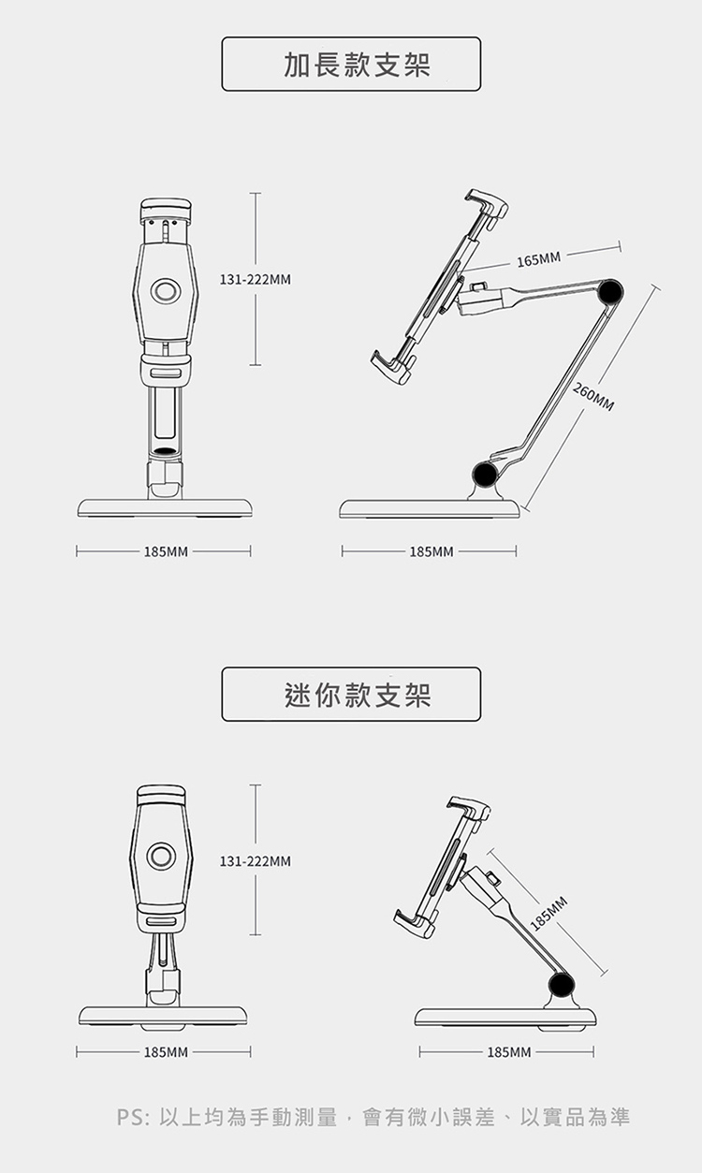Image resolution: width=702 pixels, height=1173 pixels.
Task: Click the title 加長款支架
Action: coord(351,65)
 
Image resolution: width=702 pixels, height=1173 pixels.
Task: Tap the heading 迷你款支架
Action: coord(351,695)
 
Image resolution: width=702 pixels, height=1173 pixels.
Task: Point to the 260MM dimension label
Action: coord(593,398)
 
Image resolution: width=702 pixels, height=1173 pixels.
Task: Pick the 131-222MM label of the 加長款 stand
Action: coord(256,279)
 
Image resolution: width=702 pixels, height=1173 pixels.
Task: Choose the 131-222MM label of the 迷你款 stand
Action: coord(256,860)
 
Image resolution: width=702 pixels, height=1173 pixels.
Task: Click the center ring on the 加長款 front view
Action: coord(166,291)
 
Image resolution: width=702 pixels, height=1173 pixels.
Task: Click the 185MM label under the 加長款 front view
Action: coord(165,552)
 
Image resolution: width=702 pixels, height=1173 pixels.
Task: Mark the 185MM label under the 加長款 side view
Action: coord(431,552)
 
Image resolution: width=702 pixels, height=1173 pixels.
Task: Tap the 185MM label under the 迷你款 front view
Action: coord(165,1053)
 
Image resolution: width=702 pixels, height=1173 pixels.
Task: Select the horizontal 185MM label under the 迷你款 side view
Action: coord(508,1053)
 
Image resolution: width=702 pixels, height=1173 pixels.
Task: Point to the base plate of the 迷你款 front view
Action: coord(164,1016)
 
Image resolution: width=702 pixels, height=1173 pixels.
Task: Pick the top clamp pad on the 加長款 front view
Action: coord(165,207)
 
